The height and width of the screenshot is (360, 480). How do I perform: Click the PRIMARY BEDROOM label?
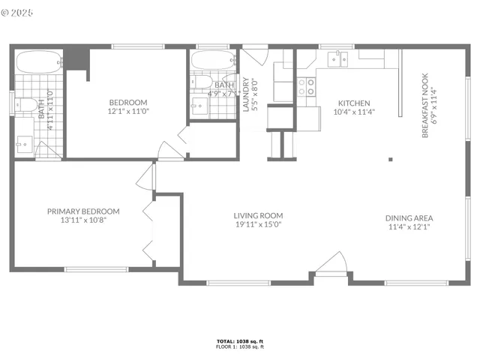(x=83, y=211)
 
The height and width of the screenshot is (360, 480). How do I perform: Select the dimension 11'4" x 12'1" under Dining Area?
(x=409, y=229)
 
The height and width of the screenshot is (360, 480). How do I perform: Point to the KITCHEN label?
(x=354, y=103)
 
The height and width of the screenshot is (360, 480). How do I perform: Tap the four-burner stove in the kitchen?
(x=307, y=87)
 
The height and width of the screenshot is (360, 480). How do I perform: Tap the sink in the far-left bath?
(x=23, y=142)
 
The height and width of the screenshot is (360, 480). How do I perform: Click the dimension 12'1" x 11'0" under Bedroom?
(x=128, y=112)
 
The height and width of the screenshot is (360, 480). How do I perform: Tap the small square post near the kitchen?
(x=389, y=159)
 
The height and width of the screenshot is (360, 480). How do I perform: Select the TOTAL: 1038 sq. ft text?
(x=240, y=341)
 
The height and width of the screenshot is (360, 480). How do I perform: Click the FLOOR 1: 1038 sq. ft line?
(x=240, y=347)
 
